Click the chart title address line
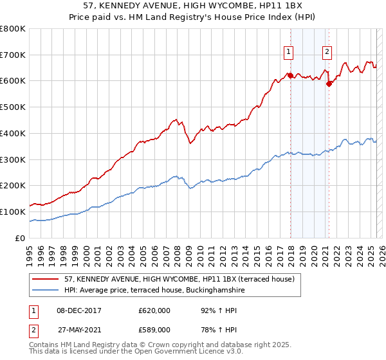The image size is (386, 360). (193, 6)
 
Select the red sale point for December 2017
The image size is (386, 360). (290, 75)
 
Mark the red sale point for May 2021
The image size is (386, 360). (329, 83)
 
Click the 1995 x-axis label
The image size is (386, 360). (30, 251)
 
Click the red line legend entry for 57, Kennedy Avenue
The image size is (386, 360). (179, 278)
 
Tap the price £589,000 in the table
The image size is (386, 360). (154, 330)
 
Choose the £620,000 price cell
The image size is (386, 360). (154, 310)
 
